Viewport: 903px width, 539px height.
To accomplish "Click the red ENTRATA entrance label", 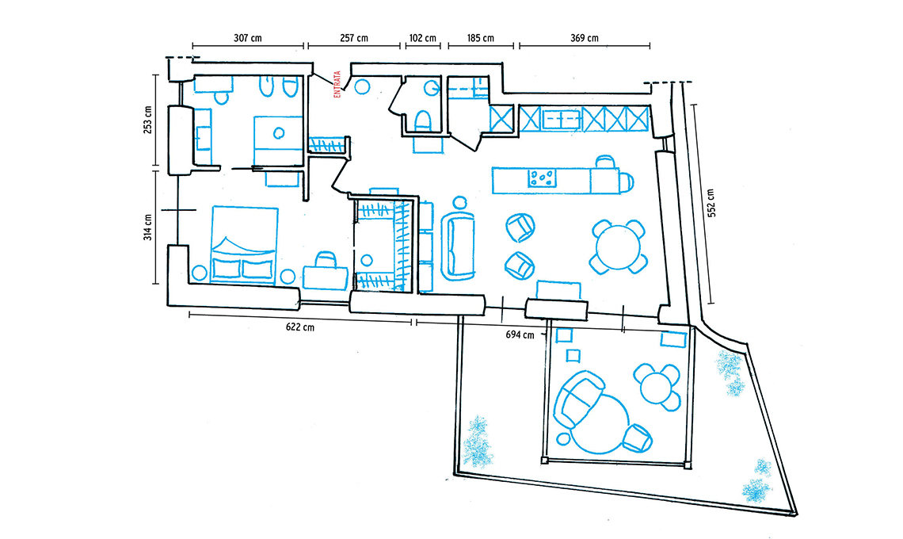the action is coord(337,84).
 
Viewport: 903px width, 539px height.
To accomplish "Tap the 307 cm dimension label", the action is coord(248,38).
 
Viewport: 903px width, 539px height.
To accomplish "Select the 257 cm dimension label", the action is coord(353,38).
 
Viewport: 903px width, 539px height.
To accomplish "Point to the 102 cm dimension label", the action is coord(423,38).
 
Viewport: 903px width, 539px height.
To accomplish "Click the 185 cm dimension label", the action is coord(480,38).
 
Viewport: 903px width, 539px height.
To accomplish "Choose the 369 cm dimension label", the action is coord(585,38).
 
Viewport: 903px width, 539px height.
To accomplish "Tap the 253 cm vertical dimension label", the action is coord(148,120).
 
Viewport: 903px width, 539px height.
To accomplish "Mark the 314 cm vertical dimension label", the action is coord(148,227).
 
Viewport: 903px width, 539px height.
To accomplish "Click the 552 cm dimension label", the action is coord(711,203).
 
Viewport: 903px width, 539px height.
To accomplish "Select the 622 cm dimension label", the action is coord(300,327).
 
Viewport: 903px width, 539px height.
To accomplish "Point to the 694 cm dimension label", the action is coord(520,334).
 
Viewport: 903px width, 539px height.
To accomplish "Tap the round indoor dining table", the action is coord(618,247).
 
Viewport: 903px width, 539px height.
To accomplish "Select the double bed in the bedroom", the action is coord(245,244).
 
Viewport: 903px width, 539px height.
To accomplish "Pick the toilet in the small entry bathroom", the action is coord(423,121).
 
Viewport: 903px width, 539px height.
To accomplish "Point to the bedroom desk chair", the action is coord(326,259).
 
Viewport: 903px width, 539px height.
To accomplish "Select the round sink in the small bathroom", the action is coord(432,88).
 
